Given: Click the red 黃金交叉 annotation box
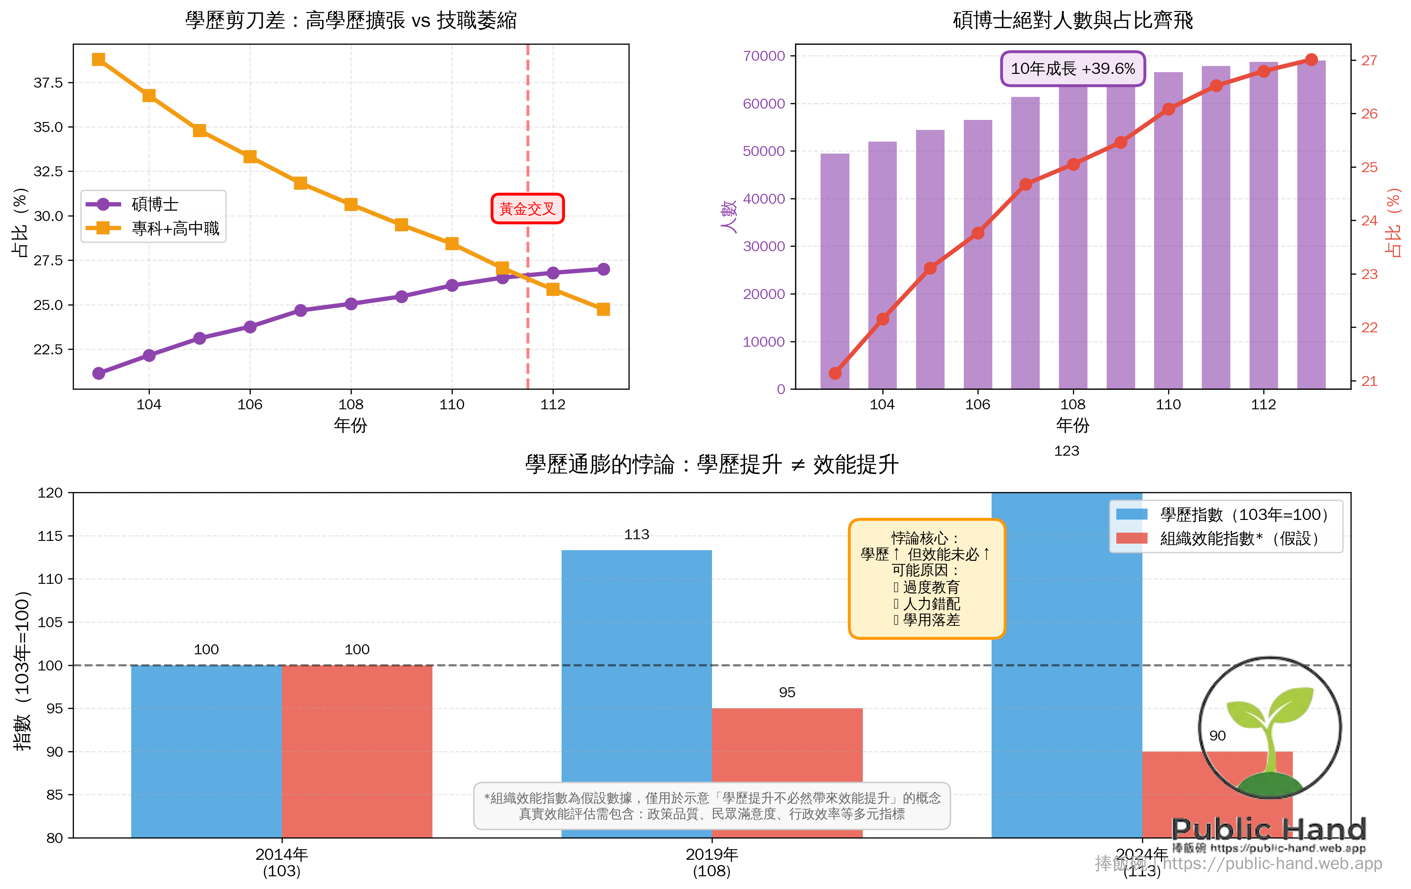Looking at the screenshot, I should coord(527,209).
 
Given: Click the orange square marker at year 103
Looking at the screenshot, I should coord(99,59).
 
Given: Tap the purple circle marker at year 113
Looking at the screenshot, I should coord(603,269).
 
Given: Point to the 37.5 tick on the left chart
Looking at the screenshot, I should coord(48,83).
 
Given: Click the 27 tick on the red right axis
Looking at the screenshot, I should coord(1369,60).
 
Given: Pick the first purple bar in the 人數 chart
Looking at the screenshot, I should coord(834,270).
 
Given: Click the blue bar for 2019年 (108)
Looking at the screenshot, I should coord(636,663).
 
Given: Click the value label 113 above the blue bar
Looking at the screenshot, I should coord(636,534).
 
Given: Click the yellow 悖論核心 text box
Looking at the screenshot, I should coord(926,579).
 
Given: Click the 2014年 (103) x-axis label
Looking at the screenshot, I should coord(281,862).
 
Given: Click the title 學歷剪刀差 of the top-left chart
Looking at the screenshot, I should coord(350,21).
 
